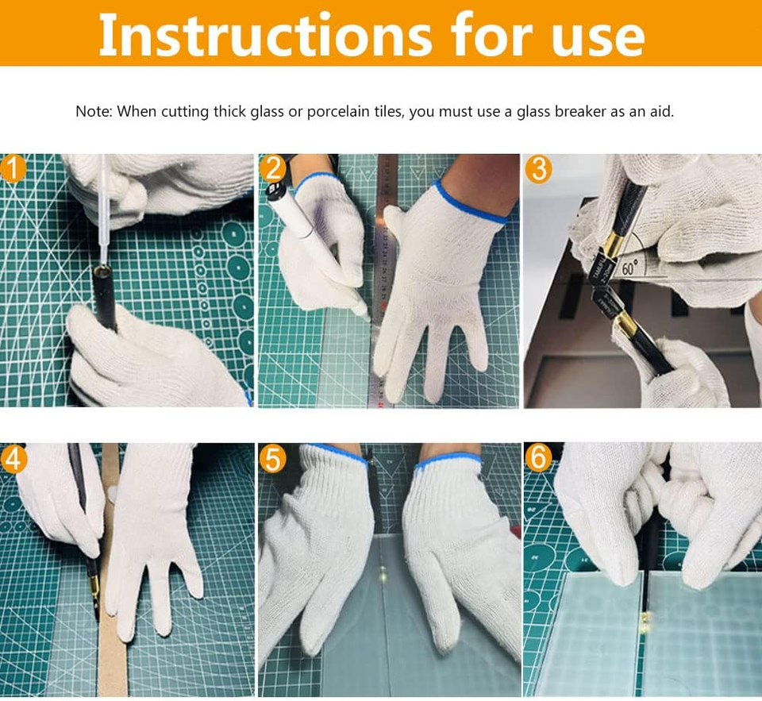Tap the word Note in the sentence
(x=93, y=111)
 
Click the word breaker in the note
(x=581, y=111)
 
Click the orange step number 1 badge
(x=13, y=168)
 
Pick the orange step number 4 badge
(x=13, y=458)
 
